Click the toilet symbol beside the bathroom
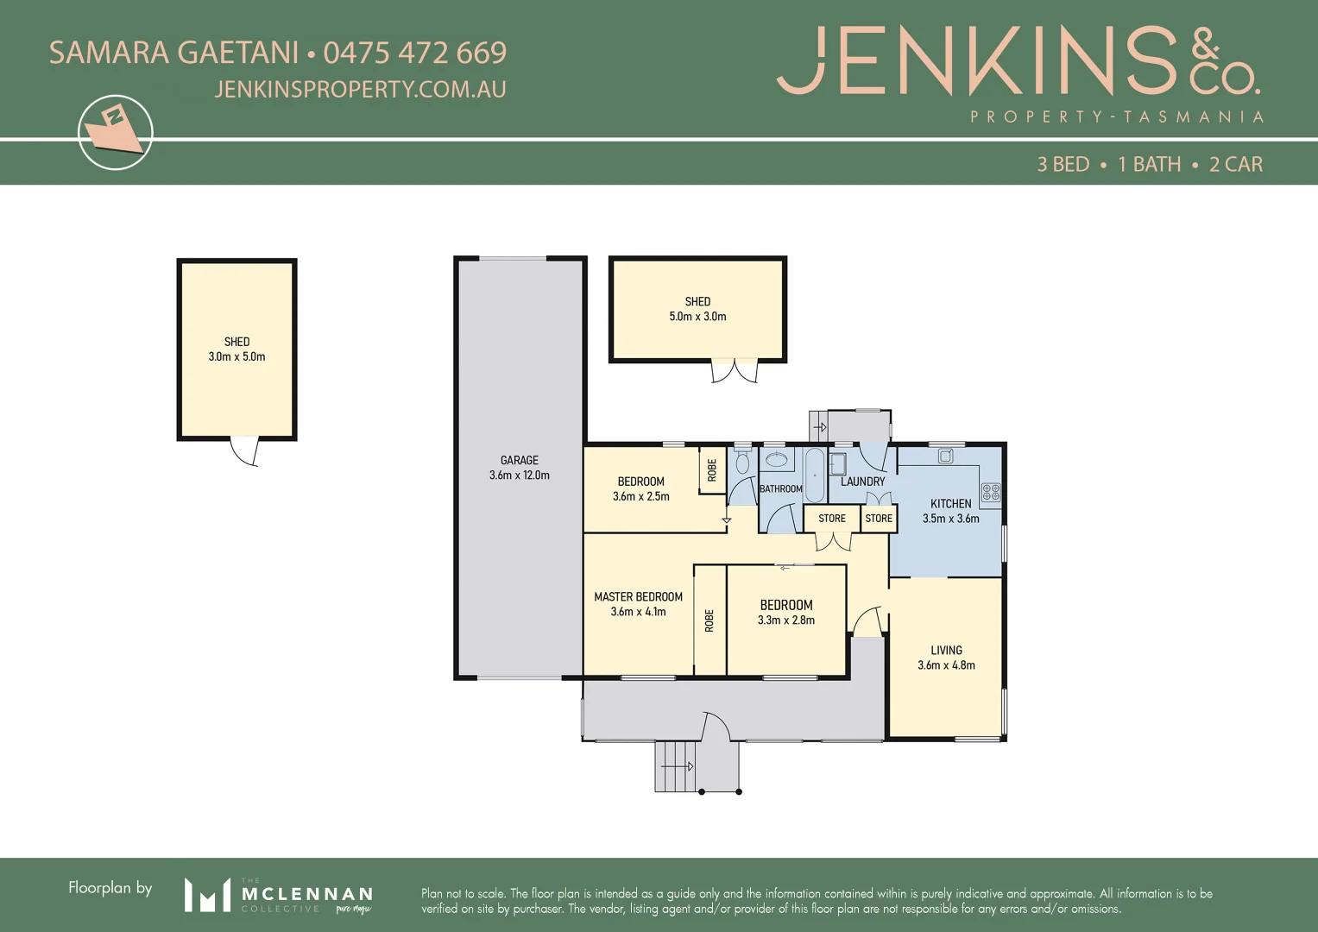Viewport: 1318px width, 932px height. (x=742, y=463)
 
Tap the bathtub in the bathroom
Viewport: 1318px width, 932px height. (x=814, y=475)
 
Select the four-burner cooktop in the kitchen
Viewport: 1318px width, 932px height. (x=991, y=493)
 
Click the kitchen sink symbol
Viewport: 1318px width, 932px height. (x=945, y=456)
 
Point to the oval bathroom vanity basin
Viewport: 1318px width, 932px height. (x=777, y=459)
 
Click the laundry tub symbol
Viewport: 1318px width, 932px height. (x=837, y=464)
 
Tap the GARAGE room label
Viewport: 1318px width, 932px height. (x=519, y=460)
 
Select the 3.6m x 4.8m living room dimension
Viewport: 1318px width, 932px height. (x=946, y=665)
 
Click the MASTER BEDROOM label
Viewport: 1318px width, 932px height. (x=638, y=596)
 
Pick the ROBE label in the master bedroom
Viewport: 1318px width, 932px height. (x=709, y=620)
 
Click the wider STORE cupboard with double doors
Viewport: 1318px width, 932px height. (x=832, y=519)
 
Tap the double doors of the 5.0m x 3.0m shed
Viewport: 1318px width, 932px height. (x=734, y=371)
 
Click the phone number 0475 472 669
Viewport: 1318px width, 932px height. (x=414, y=53)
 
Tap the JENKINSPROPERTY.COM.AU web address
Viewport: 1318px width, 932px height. (x=360, y=90)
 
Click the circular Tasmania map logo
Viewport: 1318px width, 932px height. (x=115, y=132)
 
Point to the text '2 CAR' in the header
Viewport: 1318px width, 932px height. (x=1235, y=164)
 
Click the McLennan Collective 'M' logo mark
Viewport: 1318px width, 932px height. (x=207, y=895)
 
